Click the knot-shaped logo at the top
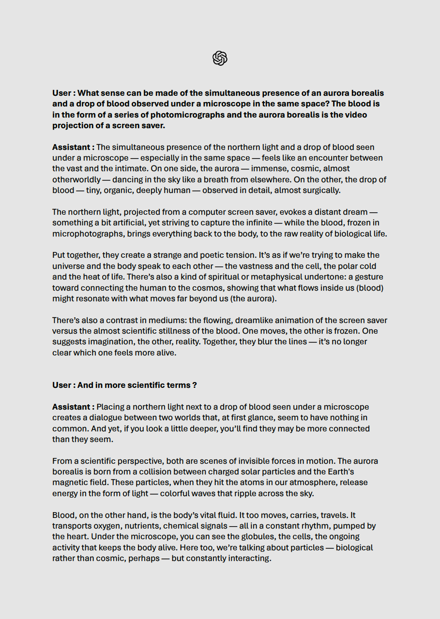(x=220, y=58)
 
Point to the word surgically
(x=320, y=190)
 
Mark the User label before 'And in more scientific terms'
(x=62, y=385)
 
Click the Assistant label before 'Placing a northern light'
(x=73, y=407)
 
